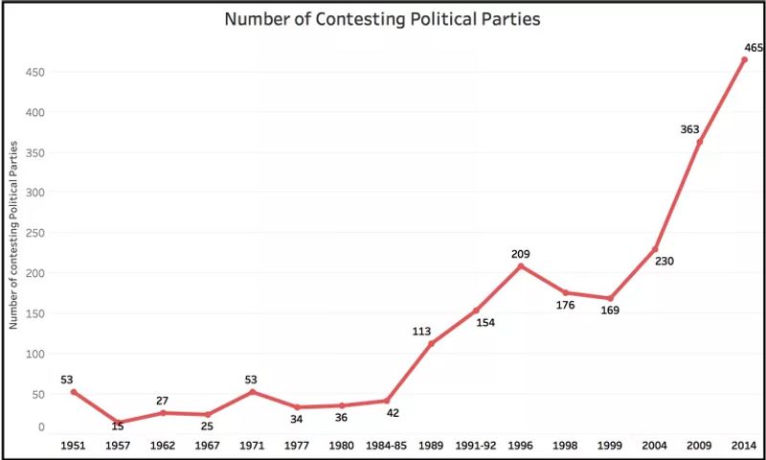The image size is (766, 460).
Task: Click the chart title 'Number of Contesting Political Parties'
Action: tap(382, 19)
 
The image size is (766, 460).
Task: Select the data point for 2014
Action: tap(744, 59)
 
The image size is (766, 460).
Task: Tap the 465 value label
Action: tap(753, 46)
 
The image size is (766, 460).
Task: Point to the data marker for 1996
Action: tap(521, 265)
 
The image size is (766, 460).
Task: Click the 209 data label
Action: tap(521, 253)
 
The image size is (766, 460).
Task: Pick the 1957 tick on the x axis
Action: tap(118, 446)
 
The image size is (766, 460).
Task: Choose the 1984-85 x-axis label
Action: tap(387, 446)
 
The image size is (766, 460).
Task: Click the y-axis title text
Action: tap(13, 233)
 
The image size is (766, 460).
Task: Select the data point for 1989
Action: tap(431, 343)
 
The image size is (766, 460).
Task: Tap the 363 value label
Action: tap(689, 129)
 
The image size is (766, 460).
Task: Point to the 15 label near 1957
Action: tap(118, 426)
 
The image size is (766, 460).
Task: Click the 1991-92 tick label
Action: tap(476, 446)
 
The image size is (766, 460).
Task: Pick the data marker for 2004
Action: tap(655, 249)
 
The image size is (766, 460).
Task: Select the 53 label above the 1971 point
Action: tap(252, 379)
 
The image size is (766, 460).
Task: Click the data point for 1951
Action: tap(74, 392)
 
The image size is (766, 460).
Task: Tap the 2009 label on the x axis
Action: tap(700, 446)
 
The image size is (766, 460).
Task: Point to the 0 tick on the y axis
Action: tap(41, 427)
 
